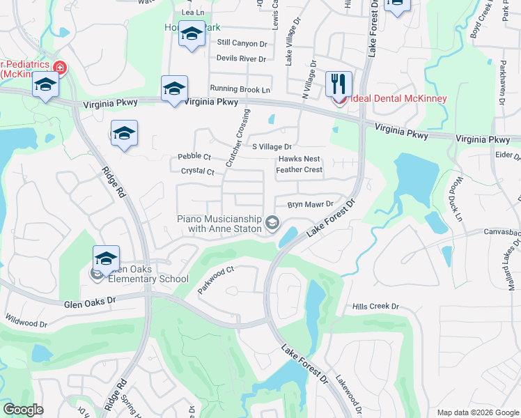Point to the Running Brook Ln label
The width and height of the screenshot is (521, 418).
[x=240, y=90]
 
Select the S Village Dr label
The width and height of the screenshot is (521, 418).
[x=272, y=147]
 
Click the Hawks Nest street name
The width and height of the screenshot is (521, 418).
[x=300, y=160]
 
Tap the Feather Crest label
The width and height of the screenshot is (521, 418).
[x=300, y=170]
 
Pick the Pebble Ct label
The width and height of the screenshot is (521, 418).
[x=194, y=157]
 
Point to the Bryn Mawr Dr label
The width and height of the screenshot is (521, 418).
[x=311, y=205]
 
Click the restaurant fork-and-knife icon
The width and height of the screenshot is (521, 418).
[x=339, y=83]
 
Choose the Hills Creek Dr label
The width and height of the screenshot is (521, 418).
[x=375, y=307]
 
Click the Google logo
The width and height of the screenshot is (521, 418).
[x=22, y=410]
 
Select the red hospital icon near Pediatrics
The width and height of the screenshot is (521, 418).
[x=60, y=68]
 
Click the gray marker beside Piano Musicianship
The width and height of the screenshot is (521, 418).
[x=272, y=224]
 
